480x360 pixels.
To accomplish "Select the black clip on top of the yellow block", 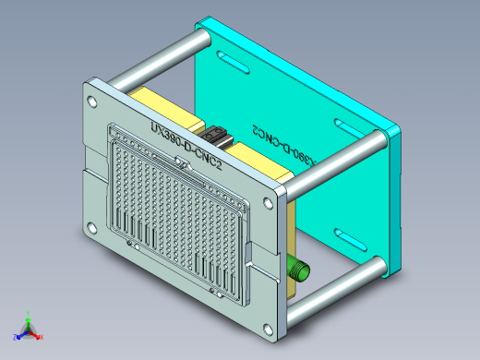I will [219, 135].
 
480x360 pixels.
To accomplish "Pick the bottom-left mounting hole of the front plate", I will [90, 228].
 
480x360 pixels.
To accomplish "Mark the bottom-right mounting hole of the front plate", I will [269, 327].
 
